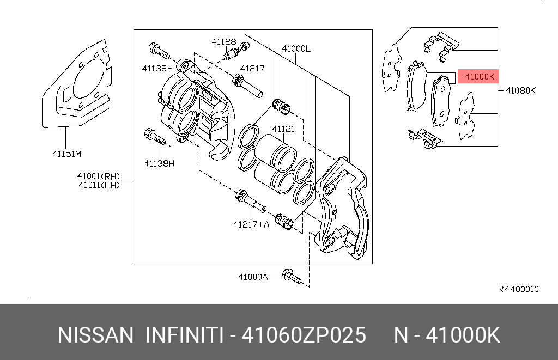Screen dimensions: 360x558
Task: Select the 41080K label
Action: [520, 90]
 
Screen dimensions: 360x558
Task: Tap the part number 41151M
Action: [66, 154]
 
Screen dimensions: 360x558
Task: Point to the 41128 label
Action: [224, 41]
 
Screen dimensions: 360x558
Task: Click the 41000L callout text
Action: [296, 48]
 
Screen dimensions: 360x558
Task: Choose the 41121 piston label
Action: [283, 129]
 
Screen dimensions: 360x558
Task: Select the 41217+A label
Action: [251, 224]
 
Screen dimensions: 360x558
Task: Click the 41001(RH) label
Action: [98, 176]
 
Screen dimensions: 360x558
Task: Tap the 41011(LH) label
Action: [98, 185]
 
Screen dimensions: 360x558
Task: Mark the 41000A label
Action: [253, 277]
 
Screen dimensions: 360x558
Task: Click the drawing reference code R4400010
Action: [518, 289]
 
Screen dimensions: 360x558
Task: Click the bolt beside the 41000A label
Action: [292, 277]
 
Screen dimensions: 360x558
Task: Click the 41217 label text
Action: [252, 69]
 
